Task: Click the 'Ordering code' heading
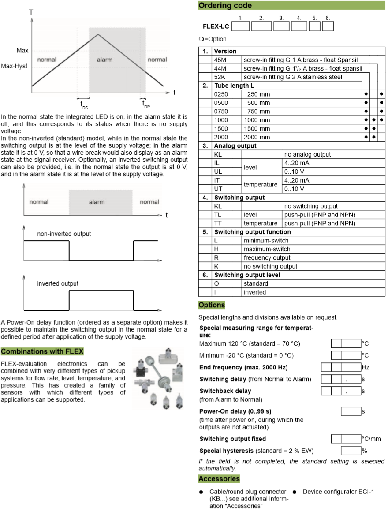(x=225, y=6)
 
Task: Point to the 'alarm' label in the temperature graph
(x=104, y=60)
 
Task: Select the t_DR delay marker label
(x=145, y=104)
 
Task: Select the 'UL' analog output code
(x=218, y=172)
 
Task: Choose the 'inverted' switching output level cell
(x=255, y=292)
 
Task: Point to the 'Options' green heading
(x=212, y=305)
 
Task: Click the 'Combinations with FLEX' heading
(x=42, y=351)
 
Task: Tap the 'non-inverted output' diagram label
(x=64, y=234)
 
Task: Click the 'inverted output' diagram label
(x=58, y=283)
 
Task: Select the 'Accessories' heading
(x=219, y=479)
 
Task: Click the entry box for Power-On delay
(x=351, y=411)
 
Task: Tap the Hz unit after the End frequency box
(x=366, y=367)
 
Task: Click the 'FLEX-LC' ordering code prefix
(x=216, y=26)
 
